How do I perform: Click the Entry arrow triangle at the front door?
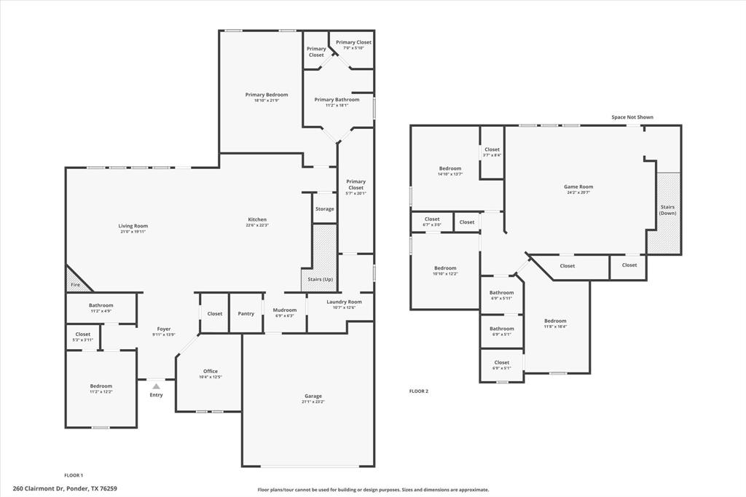click(x=156, y=386)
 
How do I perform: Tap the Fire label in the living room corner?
click(x=75, y=285)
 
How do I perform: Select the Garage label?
click(x=313, y=396)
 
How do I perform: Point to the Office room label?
click(x=210, y=372)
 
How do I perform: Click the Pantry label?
click(x=246, y=313)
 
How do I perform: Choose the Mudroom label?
click(x=285, y=310)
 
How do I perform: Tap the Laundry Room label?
click(x=344, y=302)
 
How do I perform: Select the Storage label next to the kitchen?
click(x=325, y=209)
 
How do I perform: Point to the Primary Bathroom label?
click(x=337, y=100)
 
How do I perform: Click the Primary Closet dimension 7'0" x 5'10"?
click(x=353, y=48)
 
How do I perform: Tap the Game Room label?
click(x=578, y=187)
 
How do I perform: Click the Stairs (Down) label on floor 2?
click(x=667, y=210)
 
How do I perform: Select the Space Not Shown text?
click(x=632, y=117)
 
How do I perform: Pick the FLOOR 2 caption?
click(x=419, y=391)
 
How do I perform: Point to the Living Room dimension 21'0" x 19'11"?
click(x=133, y=232)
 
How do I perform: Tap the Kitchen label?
click(x=257, y=219)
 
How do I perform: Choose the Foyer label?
click(x=164, y=329)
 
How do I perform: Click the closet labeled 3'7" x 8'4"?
click(x=492, y=154)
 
